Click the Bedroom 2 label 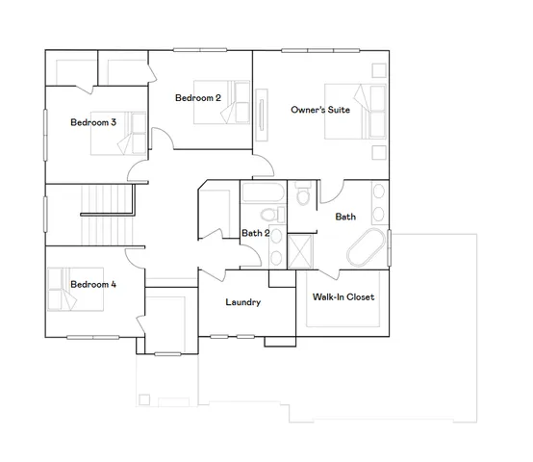click(198, 98)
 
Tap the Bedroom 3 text click(93, 122)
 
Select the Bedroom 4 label click(93, 284)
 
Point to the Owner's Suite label click(319, 111)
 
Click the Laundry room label click(243, 302)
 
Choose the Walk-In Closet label click(343, 296)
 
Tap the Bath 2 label click(255, 233)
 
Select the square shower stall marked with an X click(302, 252)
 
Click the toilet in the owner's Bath click(303, 197)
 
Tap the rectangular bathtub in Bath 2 click(261, 192)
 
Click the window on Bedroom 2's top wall click(198, 50)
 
